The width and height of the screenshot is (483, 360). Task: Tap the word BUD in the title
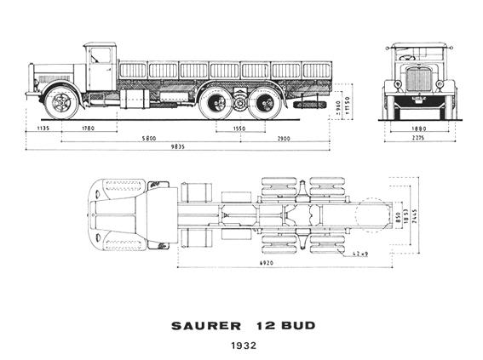pyautogui.click(x=290, y=326)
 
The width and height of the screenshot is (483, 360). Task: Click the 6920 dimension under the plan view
pyautogui.click(x=266, y=265)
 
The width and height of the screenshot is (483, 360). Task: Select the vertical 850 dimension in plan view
pyautogui.click(x=398, y=215)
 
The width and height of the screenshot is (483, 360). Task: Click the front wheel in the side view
pyautogui.click(x=61, y=102)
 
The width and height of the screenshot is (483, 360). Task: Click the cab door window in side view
pyautogui.click(x=101, y=56)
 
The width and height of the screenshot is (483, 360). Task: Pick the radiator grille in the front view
pyautogui.click(x=419, y=79)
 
